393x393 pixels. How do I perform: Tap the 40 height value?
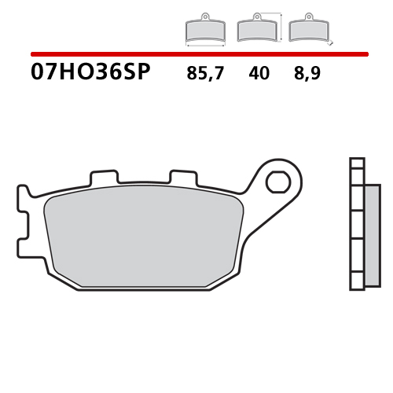(x=258, y=75)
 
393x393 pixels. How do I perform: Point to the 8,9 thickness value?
(x=308, y=75)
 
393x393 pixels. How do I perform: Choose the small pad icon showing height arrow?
(x=257, y=29)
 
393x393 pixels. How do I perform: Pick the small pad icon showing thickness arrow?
(x=308, y=30)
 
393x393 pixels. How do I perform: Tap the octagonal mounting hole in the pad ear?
(x=277, y=183)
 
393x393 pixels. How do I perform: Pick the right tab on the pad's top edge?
(x=182, y=178)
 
